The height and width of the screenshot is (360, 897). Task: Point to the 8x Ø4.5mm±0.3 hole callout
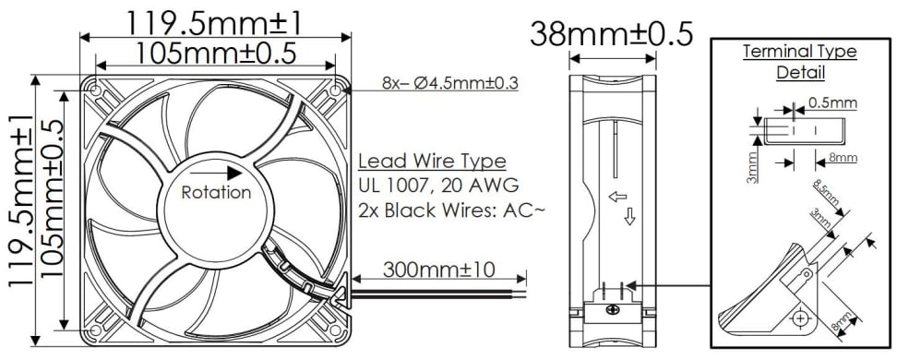[449, 83]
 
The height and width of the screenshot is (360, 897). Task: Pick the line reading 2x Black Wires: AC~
[451, 210]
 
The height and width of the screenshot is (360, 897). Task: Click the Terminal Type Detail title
[800, 61]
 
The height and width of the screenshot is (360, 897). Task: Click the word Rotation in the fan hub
[215, 193]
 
